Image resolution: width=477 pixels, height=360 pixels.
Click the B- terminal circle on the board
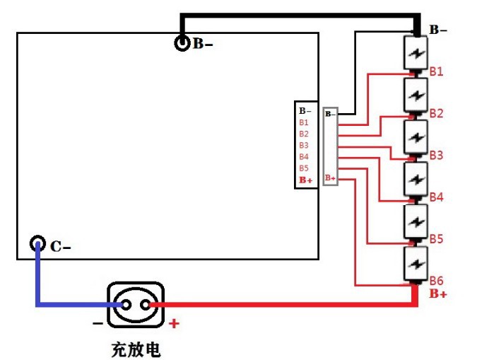pos(182,43)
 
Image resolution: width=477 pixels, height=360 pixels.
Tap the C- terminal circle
pos(37,243)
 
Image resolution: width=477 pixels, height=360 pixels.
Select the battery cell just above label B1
pos(416,53)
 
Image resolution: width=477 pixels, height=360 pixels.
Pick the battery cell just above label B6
pos(416,263)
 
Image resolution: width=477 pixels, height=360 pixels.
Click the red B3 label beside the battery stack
pos(436,156)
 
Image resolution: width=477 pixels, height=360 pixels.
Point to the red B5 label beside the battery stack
pos(436,239)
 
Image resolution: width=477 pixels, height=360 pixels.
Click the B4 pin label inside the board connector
pos(304,157)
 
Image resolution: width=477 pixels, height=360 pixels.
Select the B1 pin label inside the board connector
pos(304,122)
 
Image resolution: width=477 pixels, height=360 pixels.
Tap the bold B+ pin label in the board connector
pos(306,180)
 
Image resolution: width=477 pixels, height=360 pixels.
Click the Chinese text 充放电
pos(136,349)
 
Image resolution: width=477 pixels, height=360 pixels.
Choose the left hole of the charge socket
pos(126,305)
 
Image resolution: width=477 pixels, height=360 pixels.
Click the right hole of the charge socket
pos(146,305)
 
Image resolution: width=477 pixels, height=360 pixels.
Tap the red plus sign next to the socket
pos(174,323)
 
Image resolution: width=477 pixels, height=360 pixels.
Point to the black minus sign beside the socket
pos(98,323)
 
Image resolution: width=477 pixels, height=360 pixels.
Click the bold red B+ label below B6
pos(438,294)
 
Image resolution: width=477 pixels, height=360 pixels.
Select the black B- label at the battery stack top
pos(438,30)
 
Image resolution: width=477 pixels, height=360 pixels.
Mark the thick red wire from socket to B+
pos(283,304)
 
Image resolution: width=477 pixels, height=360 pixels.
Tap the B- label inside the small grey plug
pos(331,114)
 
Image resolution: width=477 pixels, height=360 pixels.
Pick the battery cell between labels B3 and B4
pos(416,179)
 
